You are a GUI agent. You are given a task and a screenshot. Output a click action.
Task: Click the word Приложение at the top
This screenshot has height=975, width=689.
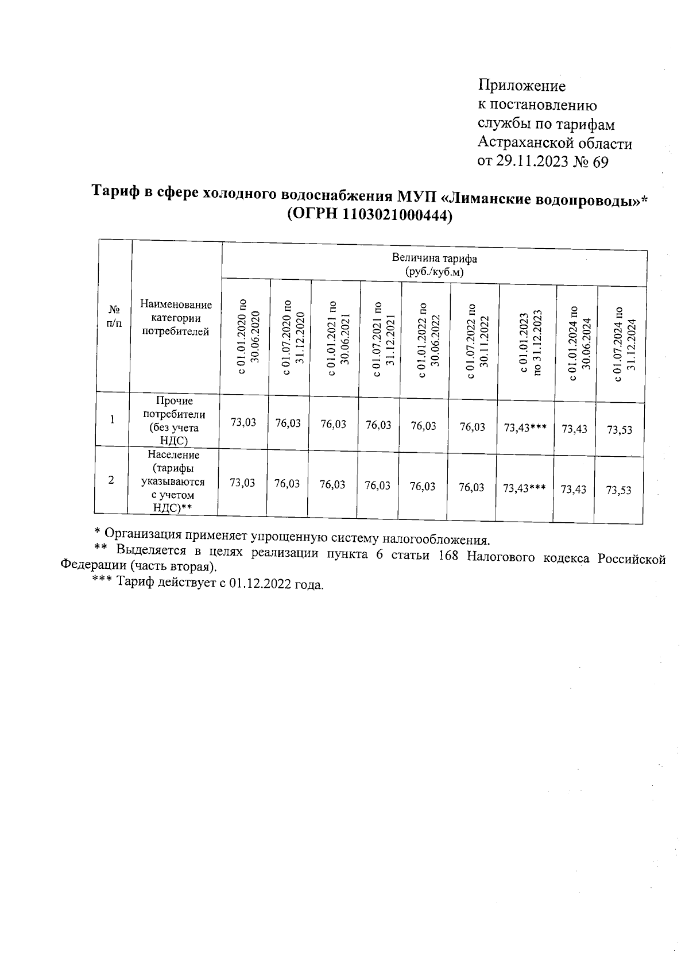tap(522, 86)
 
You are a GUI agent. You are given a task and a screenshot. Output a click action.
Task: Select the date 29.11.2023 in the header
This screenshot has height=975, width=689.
tap(532, 163)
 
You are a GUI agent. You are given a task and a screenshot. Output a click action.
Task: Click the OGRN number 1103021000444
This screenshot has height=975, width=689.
tap(394, 215)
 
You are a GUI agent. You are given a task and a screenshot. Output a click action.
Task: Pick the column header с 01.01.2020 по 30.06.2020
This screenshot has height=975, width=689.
tap(247, 338)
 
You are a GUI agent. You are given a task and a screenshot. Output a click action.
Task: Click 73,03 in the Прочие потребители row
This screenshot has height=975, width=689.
tap(243, 423)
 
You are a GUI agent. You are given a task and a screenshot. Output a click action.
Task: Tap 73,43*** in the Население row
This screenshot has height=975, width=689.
tap(524, 488)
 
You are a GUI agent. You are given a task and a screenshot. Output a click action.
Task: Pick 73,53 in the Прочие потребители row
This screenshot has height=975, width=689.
tap(620, 430)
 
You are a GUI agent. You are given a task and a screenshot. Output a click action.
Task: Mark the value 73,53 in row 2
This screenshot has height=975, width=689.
tap(618, 490)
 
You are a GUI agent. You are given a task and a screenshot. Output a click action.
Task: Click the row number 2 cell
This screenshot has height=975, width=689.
tap(111, 480)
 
